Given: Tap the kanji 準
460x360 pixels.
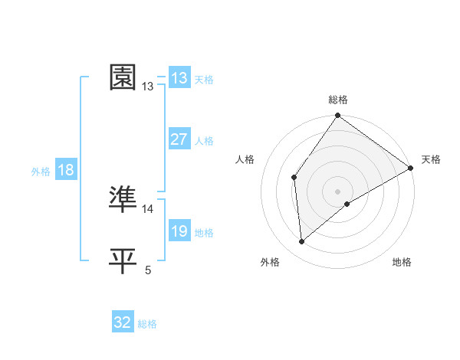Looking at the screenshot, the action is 123,199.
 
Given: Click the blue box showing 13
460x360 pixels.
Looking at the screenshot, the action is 179,77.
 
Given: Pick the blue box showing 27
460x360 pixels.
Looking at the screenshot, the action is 179,139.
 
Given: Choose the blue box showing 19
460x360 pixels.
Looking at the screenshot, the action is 179,231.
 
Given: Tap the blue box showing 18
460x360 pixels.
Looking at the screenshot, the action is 65,170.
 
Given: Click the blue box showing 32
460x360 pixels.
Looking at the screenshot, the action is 123,322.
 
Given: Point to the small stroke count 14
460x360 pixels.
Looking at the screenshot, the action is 148,209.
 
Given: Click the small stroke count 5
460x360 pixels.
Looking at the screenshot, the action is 148,270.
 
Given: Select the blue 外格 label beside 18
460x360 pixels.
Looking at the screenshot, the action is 41,172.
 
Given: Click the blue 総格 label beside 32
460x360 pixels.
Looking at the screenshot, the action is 147,324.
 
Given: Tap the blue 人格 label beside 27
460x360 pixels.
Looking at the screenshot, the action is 204,141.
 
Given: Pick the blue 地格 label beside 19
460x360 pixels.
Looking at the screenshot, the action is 204,233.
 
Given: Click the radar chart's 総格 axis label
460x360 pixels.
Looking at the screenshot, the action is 338,100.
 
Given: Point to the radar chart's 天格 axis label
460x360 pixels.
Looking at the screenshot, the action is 431,159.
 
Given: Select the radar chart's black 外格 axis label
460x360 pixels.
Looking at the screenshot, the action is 270,262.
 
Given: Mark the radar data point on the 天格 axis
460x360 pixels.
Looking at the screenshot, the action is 411,168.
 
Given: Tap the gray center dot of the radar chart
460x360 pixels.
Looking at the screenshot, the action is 337,191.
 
